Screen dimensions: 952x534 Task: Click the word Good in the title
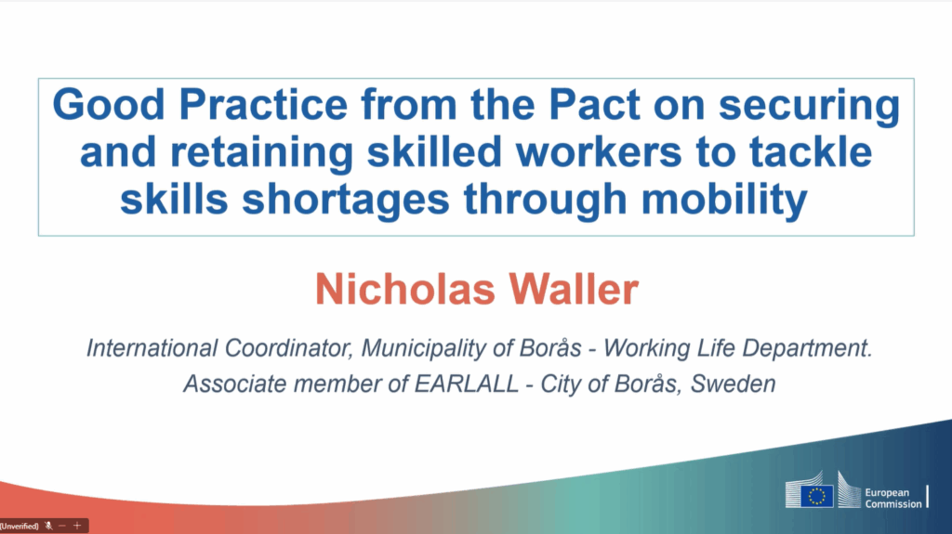click(x=109, y=104)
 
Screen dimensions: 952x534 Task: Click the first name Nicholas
click(x=405, y=289)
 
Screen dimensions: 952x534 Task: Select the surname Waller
click(x=574, y=289)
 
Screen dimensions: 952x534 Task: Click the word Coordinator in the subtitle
click(x=288, y=348)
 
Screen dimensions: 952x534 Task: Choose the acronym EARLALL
click(x=467, y=384)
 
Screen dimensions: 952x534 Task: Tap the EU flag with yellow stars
click(x=816, y=496)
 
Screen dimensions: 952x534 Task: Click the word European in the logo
click(x=887, y=493)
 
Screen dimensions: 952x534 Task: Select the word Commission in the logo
click(x=893, y=503)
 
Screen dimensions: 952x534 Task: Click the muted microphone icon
click(x=48, y=527)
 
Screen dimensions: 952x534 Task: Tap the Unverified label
click(x=20, y=527)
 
